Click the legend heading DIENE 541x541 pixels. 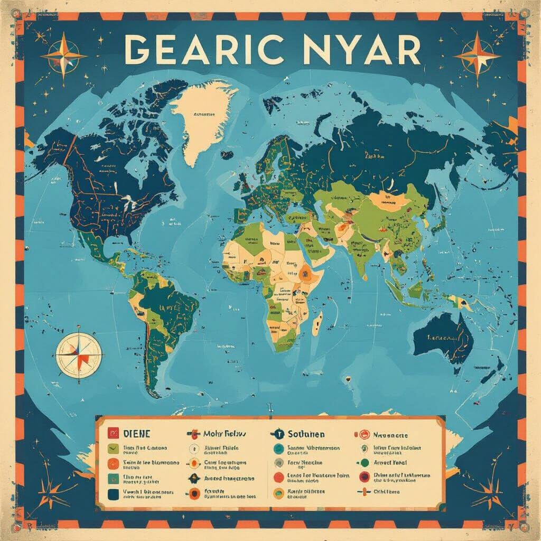137,433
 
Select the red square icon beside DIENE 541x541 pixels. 112,433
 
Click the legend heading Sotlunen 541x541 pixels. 306,434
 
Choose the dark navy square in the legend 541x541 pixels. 113,494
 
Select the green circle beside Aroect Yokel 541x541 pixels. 364,463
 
